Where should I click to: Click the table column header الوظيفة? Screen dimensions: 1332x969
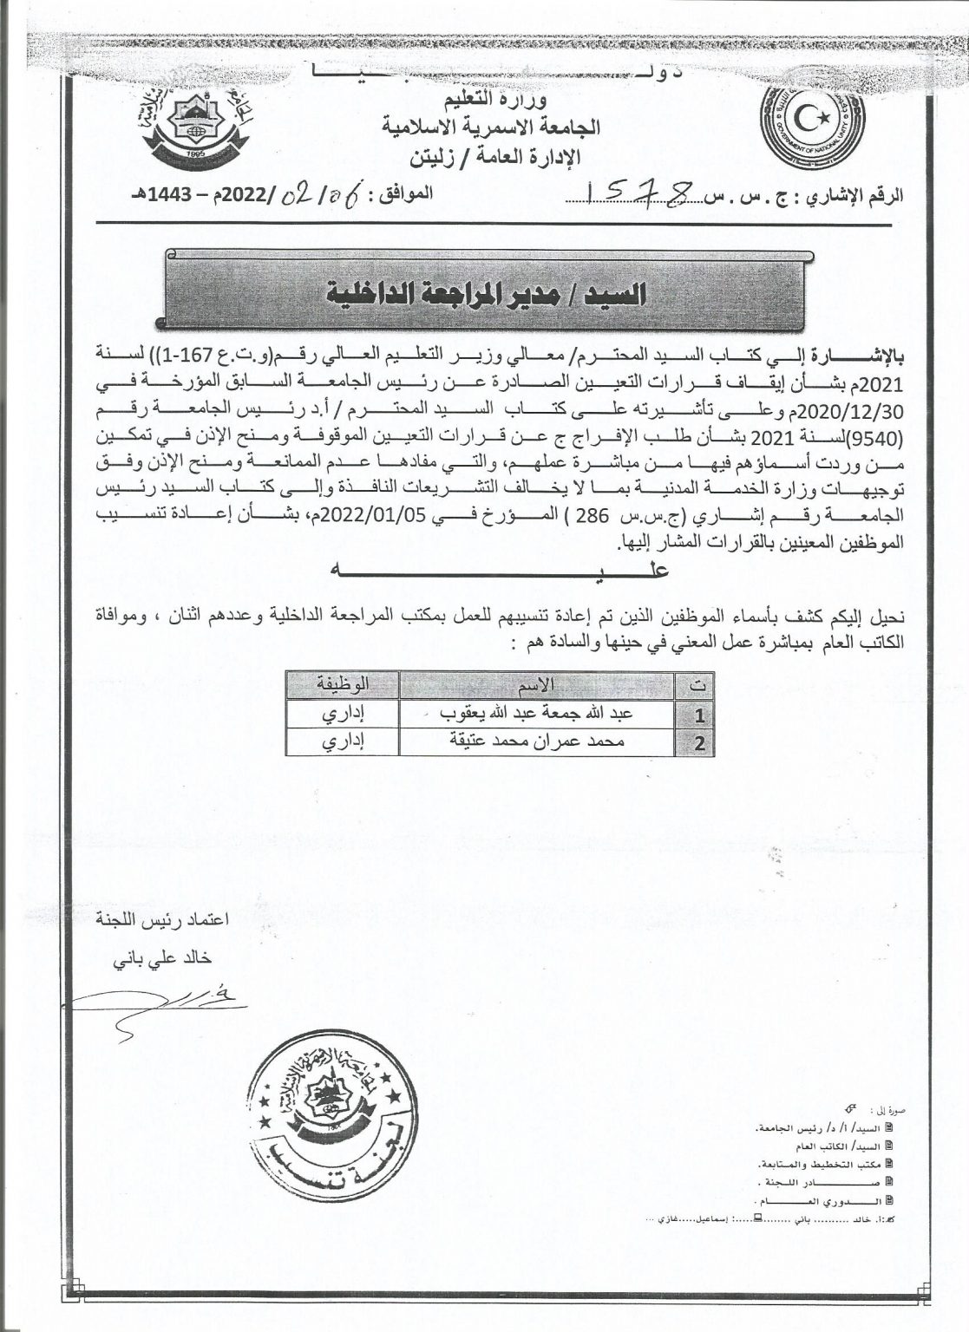(344, 685)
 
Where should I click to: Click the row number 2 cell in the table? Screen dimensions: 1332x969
(699, 742)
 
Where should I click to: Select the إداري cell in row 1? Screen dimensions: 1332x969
(343, 713)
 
